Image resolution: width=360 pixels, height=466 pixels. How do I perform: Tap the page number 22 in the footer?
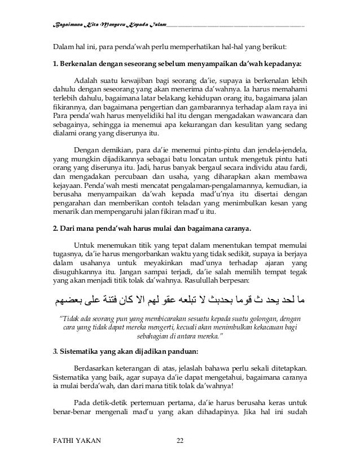click(x=180, y=440)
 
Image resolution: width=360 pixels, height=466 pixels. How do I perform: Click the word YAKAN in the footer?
click(x=91, y=440)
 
